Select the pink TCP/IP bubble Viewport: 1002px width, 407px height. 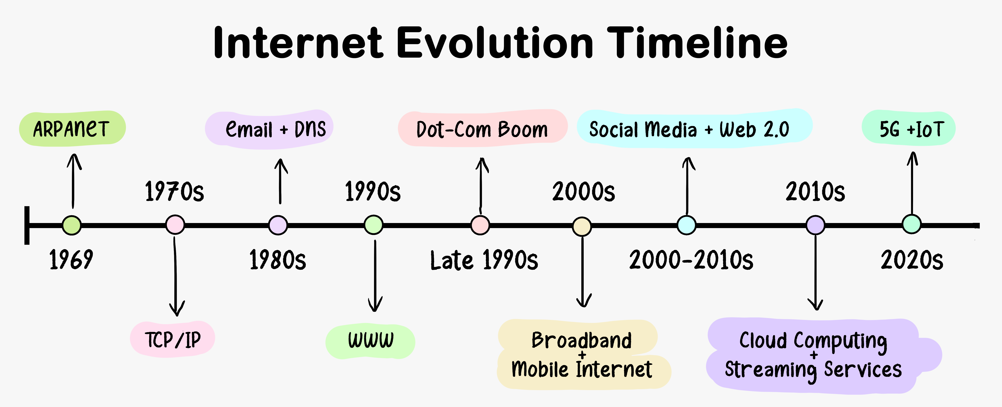click(x=172, y=339)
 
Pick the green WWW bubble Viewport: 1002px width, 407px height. click(x=370, y=341)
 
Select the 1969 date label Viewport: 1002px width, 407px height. click(x=71, y=260)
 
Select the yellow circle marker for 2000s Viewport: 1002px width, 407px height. click(x=582, y=226)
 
